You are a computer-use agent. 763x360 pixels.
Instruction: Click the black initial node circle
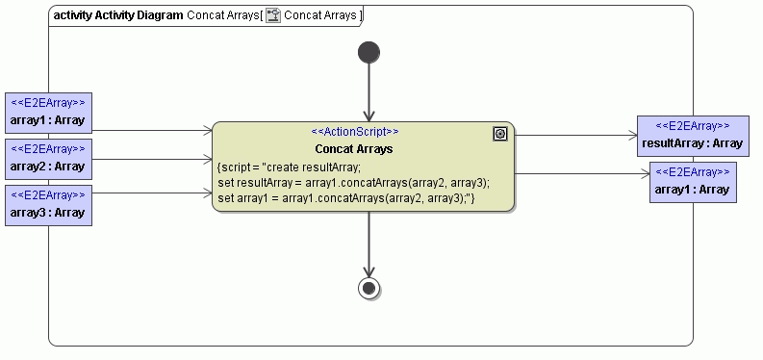point(369,52)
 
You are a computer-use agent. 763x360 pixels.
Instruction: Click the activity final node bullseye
point(369,287)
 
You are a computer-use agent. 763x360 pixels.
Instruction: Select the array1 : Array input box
point(48,113)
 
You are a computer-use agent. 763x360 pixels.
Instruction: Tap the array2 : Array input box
point(48,158)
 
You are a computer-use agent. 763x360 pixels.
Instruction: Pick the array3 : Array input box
point(48,204)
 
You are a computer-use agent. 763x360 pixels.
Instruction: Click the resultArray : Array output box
point(692,136)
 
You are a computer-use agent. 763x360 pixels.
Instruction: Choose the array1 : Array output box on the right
point(692,182)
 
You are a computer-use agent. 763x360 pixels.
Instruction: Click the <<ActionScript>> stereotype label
point(354,132)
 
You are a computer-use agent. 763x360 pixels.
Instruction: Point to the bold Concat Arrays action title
point(354,149)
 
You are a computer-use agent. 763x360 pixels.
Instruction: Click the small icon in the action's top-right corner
point(500,134)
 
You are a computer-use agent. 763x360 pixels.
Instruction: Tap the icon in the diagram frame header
point(273,15)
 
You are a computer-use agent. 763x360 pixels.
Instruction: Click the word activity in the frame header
point(73,15)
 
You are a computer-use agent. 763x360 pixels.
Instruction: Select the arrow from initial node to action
point(369,92)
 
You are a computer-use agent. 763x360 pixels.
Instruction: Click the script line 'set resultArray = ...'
point(354,182)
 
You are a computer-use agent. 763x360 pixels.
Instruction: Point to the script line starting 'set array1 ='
point(347,198)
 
